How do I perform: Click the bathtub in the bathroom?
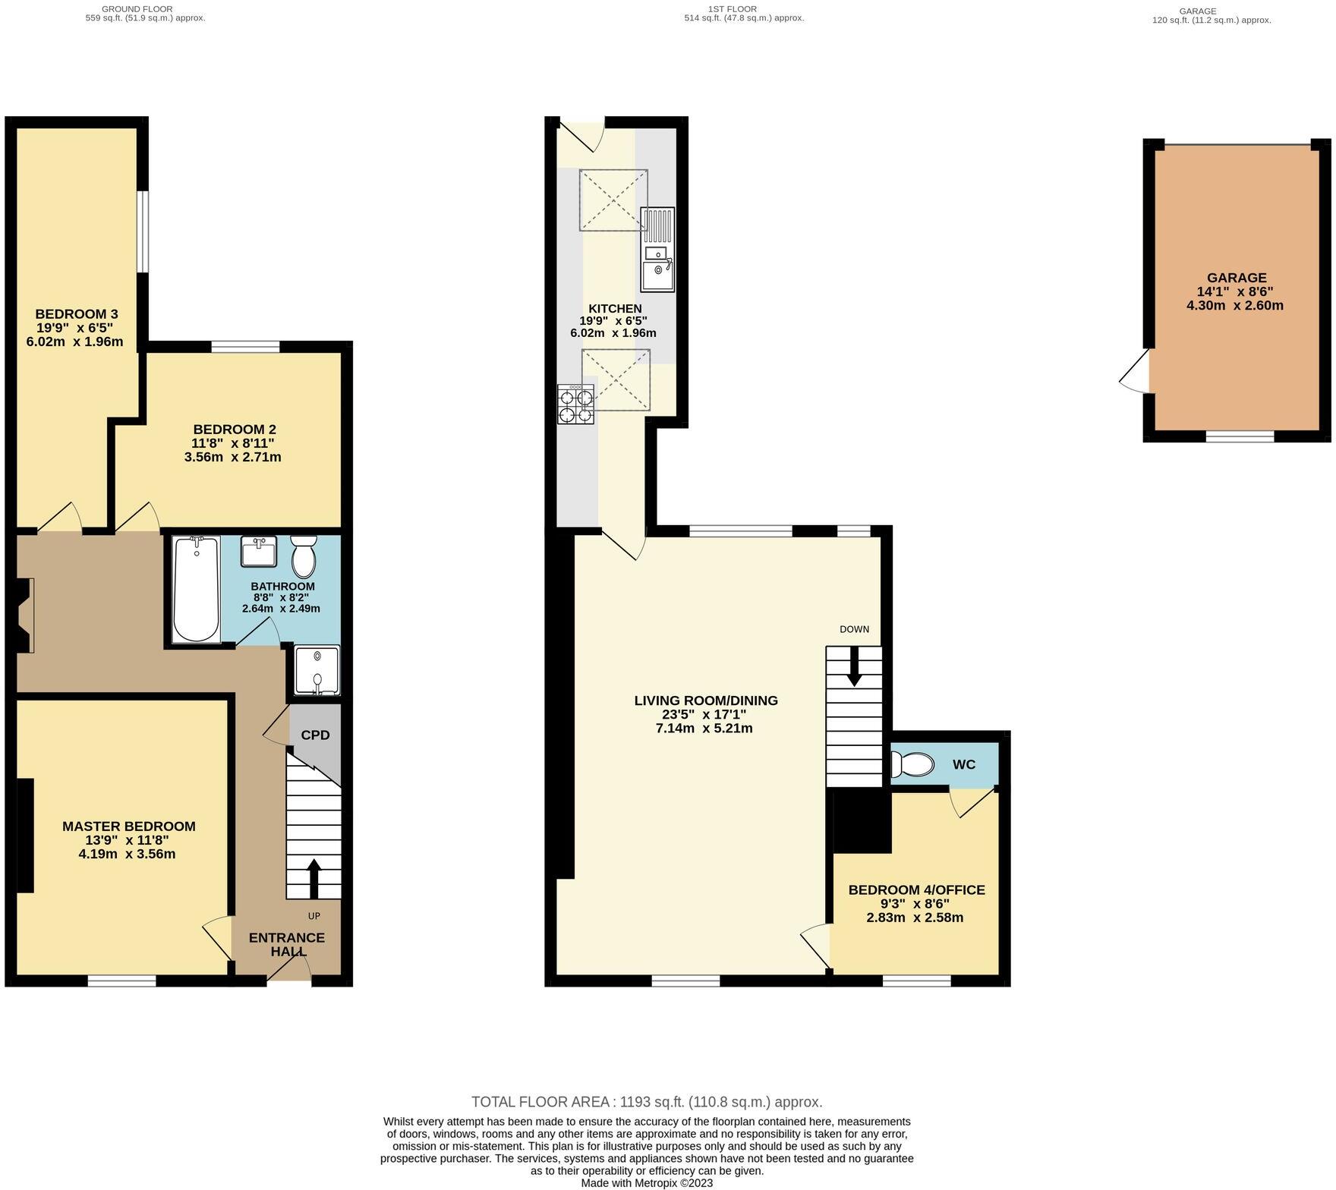[x=196, y=590]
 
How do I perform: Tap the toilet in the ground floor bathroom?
[x=304, y=557]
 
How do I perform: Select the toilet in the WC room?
[x=912, y=764]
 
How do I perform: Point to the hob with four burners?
[x=575, y=405]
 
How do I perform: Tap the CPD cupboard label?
[x=315, y=735]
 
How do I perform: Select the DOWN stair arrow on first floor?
[x=854, y=666]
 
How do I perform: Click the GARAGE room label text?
[x=1237, y=278]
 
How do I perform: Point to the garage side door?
[x=1136, y=372]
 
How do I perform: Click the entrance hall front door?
[x=289, y=971]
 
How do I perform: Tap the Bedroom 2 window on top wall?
[x=245, y=348]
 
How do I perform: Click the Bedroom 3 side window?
[x=143, y=231]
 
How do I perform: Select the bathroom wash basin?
[x=258, y=552]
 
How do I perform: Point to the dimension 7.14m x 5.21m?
[x=704, y=729]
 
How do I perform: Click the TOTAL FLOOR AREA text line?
[x=647, y=1102]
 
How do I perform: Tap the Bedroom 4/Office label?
[x=916, y=889]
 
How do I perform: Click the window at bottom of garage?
[x=1240, y=436]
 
